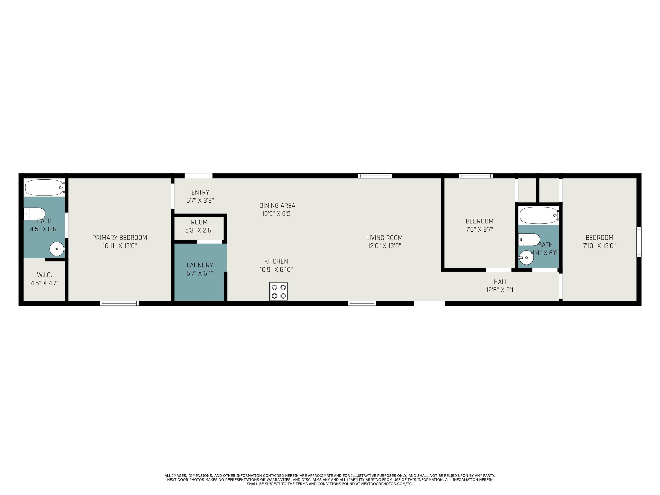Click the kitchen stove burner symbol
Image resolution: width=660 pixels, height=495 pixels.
[279, 291]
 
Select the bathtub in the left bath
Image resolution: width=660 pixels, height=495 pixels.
[45, 187]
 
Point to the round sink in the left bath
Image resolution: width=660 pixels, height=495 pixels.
[57, 249]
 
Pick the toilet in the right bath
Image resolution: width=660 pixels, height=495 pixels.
[529, 239]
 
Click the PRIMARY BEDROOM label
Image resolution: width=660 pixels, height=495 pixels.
[120, 237]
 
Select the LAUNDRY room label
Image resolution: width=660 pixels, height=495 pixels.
[200, 265]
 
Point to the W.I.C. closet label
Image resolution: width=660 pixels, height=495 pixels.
[44, 275]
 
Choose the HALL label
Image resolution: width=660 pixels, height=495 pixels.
[501, 282]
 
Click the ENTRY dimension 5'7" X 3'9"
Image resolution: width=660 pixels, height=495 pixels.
[200, 200]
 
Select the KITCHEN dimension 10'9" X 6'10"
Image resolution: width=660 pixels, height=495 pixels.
[276, 270]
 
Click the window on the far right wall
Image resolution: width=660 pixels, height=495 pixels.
[639, 242]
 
